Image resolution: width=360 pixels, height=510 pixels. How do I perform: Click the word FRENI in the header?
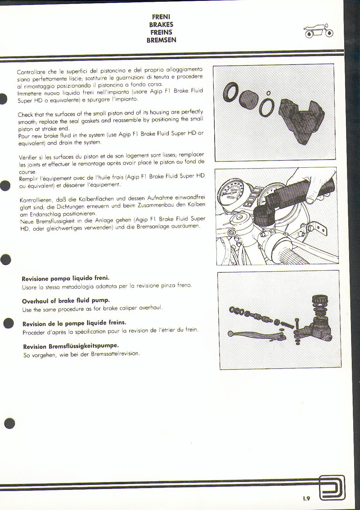(161, 17)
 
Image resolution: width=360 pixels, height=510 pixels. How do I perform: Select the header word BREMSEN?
(161, 40)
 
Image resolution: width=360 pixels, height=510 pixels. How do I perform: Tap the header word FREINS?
(161, 32)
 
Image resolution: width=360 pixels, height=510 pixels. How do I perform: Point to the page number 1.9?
(306, 498)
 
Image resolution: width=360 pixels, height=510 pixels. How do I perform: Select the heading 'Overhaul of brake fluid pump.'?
(66, 300)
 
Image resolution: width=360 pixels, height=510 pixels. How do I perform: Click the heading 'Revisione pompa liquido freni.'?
(66, 278)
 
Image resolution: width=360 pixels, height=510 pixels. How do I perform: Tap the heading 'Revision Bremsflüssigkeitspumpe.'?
(71, 346)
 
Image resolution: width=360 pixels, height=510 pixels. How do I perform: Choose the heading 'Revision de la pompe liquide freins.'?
(74, 323)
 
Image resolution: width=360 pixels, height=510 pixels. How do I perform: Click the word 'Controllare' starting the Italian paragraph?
(31, 72)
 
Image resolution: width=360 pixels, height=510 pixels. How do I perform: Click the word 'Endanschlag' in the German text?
(45, 214)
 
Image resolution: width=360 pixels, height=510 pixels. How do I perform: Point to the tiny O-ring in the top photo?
(269, 93)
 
